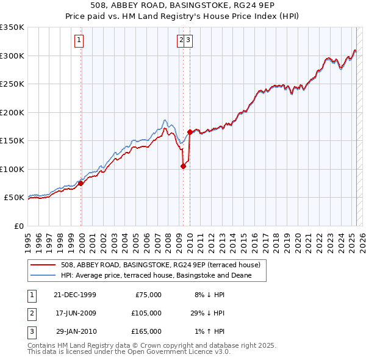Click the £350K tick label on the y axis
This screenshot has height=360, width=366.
[x=12, y=27]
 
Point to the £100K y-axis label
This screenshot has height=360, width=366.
[x=12, y=169]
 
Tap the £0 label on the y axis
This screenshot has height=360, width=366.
[x=18, y=226]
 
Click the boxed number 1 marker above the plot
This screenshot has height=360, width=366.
[x=80, y=41]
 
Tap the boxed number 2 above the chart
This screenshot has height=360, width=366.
[x=181, y=41]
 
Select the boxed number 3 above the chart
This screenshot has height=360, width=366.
[x=189, y=41]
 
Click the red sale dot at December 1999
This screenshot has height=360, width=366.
[x=81, y=183]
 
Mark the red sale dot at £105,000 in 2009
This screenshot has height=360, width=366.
[x=183, y=166]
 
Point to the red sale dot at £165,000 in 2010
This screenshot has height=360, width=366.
[x=190, y=132]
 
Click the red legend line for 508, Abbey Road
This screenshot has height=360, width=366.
[x=43, y=265]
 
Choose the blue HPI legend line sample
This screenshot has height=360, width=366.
[x=43, y=275]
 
